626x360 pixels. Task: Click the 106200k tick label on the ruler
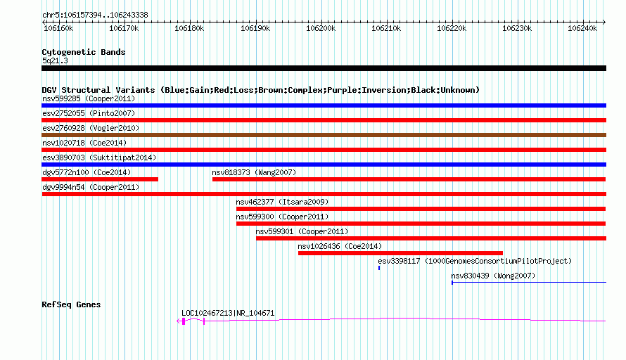point(321,28)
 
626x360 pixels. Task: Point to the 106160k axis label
point(58,28)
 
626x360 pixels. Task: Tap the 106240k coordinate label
point(582,28)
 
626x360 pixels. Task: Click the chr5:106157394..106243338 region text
point(95,15)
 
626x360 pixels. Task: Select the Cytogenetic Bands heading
point(84,52)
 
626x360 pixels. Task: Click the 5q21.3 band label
point(55,60)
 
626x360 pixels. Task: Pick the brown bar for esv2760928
point(324,135)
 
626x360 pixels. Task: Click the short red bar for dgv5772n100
point(100,179)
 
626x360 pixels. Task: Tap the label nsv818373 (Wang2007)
point(254,172)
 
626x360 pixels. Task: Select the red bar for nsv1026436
point(400,253)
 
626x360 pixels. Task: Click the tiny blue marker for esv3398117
point(379,268)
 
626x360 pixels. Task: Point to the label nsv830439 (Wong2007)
point(493,276)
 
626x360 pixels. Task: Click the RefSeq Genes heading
point(71,304)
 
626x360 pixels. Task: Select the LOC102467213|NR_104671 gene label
point(228,314)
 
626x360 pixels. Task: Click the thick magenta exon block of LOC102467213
point(184,321)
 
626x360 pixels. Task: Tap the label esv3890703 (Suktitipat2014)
point(99,157)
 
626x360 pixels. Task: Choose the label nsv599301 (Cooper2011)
point(302,231)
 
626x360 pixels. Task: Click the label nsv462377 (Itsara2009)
point(282,202)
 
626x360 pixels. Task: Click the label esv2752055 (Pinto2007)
point(89,113)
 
